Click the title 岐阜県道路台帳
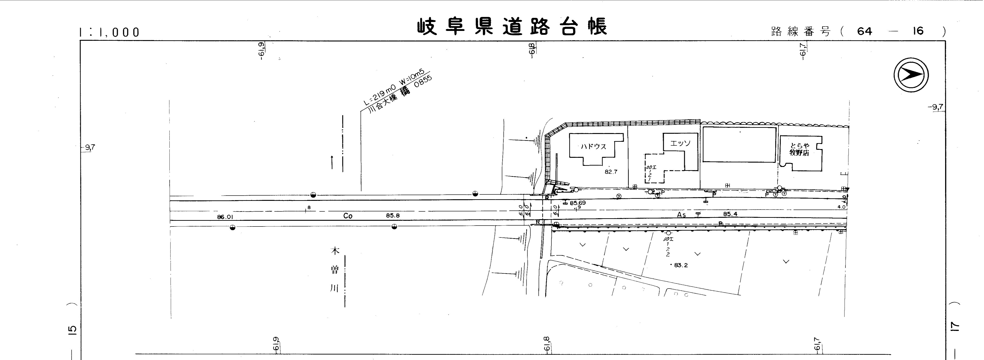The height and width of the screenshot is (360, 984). (x=512, y=27)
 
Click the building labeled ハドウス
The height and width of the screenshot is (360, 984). (x=593, y=146)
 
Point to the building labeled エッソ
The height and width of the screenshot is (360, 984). (x=680, y=143)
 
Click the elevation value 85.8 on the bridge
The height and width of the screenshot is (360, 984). (x=393, y=215)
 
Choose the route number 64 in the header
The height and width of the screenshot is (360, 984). (x=865, y=31)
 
